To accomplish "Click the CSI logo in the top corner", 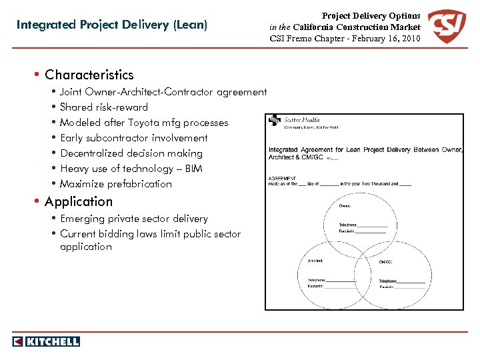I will click(447, 27).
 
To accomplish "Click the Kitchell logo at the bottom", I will click(46, 341).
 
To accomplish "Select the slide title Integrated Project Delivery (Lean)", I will click(112, 25).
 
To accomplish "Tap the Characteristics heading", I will click(89, 75).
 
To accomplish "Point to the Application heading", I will click(79, 201).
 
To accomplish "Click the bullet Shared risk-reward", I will click(104, 107).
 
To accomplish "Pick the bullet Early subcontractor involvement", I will click(134, 138).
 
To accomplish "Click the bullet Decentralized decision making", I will click(131, 153).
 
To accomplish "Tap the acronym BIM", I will click(193, 169).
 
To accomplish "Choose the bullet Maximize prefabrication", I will click(116, 184).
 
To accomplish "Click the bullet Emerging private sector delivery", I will click(134, 219).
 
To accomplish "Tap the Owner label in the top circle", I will click(346, 205).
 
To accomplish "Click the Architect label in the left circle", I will click(315, 261).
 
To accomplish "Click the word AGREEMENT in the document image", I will click(283, 178).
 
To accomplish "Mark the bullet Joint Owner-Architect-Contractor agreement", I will click(163, 92).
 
